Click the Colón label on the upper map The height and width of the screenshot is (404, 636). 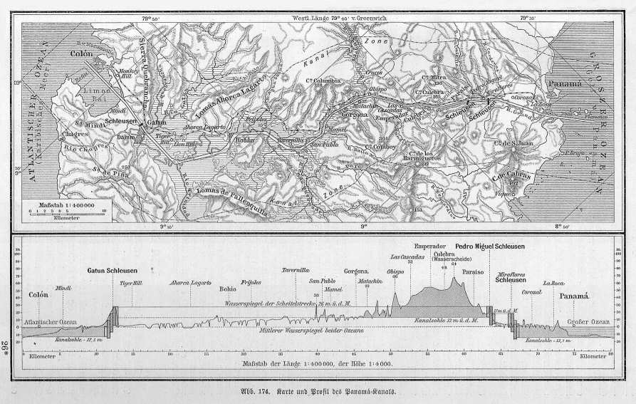(82, 53)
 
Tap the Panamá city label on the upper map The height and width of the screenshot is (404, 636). (567, 84)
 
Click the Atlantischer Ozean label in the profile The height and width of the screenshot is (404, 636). (51, 323)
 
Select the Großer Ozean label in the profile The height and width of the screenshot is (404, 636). (588, 322)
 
